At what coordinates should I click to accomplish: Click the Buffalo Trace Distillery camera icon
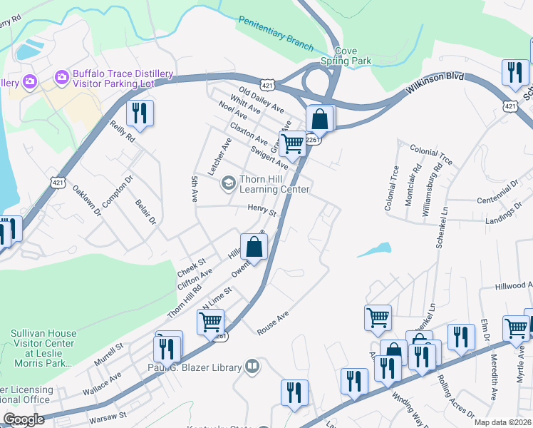tap(61, 76)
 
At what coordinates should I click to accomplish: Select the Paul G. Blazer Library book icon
tap(251, 367)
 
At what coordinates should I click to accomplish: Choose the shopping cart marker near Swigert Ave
tap(292, 143)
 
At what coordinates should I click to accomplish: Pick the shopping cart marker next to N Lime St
tap(210, 322)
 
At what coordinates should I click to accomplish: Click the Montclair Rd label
tap(413, 186)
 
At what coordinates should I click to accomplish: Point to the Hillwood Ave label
tap(513, 286)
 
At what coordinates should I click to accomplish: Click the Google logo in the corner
tap(24, 419)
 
